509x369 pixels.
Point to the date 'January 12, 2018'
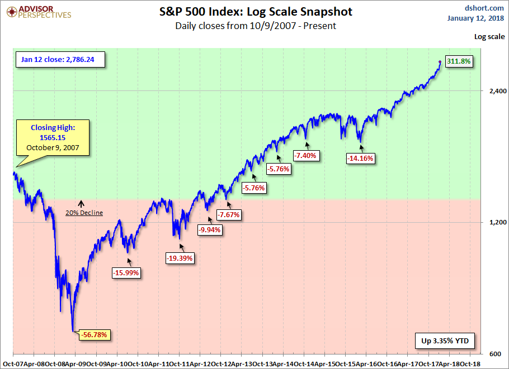click(x=476, y=18)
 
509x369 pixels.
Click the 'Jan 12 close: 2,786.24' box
click(x=60, y=59)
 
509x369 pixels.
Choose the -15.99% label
click(x=126, y=272)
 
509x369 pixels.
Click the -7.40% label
click(x=306, y=156)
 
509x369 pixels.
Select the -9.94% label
click(x=210, y=229)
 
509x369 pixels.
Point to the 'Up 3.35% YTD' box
click(x=445, y=340)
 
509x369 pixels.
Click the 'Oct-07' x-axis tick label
click(x=12, y=363)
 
